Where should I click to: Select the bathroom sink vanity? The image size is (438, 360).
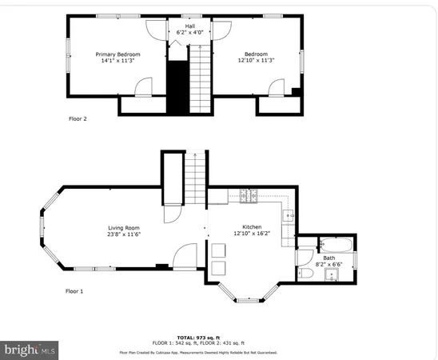pos(333,276)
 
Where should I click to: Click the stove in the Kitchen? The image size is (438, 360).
pos(246,194)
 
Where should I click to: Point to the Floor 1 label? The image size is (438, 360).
pos(74,291)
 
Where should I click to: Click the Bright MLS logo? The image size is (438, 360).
pos(30,350)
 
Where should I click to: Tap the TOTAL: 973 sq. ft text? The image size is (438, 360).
pos(219,337)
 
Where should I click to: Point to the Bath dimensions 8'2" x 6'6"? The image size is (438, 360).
pos(329,263)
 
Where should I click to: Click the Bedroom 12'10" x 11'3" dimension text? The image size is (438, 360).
pos(257,60)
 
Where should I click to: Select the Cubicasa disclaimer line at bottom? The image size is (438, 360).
pos(219,352)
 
